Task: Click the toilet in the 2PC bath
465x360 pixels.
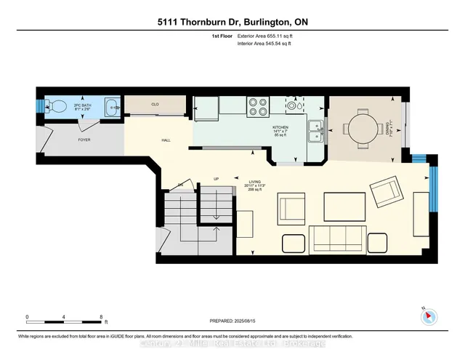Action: point(54,107)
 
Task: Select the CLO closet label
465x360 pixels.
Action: point(155,105)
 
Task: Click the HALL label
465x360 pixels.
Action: point(166,142)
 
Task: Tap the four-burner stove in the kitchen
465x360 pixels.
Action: point(257,108)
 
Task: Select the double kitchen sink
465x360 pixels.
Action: point(315,132)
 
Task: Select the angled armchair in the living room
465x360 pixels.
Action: point(384,192)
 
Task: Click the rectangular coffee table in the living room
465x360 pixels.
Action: point(344,205)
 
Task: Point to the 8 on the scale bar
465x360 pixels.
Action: point(101,317)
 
